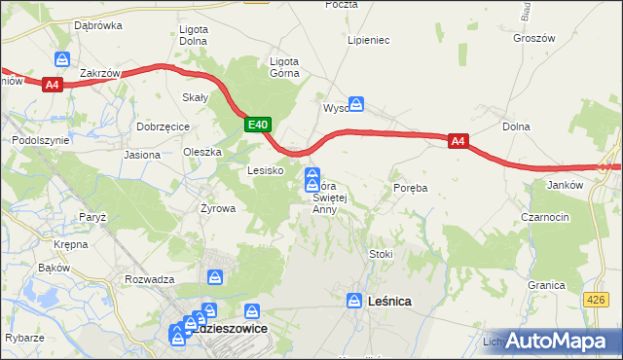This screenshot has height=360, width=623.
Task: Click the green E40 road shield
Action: pos(257,125)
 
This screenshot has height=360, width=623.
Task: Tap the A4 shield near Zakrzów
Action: pos(53,86)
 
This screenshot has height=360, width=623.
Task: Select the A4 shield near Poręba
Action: pos(458,142)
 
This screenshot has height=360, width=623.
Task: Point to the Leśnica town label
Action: pos(390,302)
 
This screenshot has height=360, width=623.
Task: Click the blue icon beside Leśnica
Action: pos(356,302)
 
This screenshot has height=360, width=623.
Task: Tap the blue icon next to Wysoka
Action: pos(357,102)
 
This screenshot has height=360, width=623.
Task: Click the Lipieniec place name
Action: pos(369,41)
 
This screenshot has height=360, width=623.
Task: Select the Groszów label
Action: pos(532,38)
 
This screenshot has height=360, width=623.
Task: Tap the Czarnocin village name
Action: pos(545,217)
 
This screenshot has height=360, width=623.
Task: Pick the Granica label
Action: pos(547,285)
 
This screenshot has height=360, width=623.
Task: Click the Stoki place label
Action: pos(381,254)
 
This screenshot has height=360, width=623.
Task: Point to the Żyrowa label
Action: pos(218,208)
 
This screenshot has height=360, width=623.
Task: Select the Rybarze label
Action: pos(23,338)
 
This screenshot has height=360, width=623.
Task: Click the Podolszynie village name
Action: pos(40,140)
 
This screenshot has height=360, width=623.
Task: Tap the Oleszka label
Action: pos(203,152)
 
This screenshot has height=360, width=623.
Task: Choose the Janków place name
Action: pos(565,185)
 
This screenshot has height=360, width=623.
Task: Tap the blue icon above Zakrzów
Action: pos(63,58)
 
